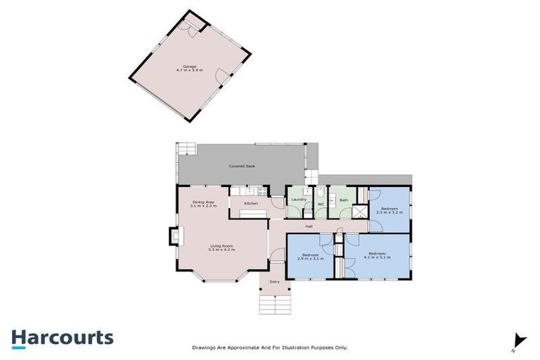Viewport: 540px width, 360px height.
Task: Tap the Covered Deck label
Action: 241,166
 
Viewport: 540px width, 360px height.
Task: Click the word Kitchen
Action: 251,203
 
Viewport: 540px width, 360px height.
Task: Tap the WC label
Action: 320,205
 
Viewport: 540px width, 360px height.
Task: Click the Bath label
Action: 343,200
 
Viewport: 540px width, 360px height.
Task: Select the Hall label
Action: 308,226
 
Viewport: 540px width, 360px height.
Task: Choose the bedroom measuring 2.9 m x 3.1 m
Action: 311,257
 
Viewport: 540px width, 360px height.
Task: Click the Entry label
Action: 274,282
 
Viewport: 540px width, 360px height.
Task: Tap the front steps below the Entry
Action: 274,304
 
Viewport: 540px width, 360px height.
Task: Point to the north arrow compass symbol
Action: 519,340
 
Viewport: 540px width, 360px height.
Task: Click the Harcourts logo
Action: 62,337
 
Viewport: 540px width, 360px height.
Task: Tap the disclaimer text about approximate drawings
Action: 270,347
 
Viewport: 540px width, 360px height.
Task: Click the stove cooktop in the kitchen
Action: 262,190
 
